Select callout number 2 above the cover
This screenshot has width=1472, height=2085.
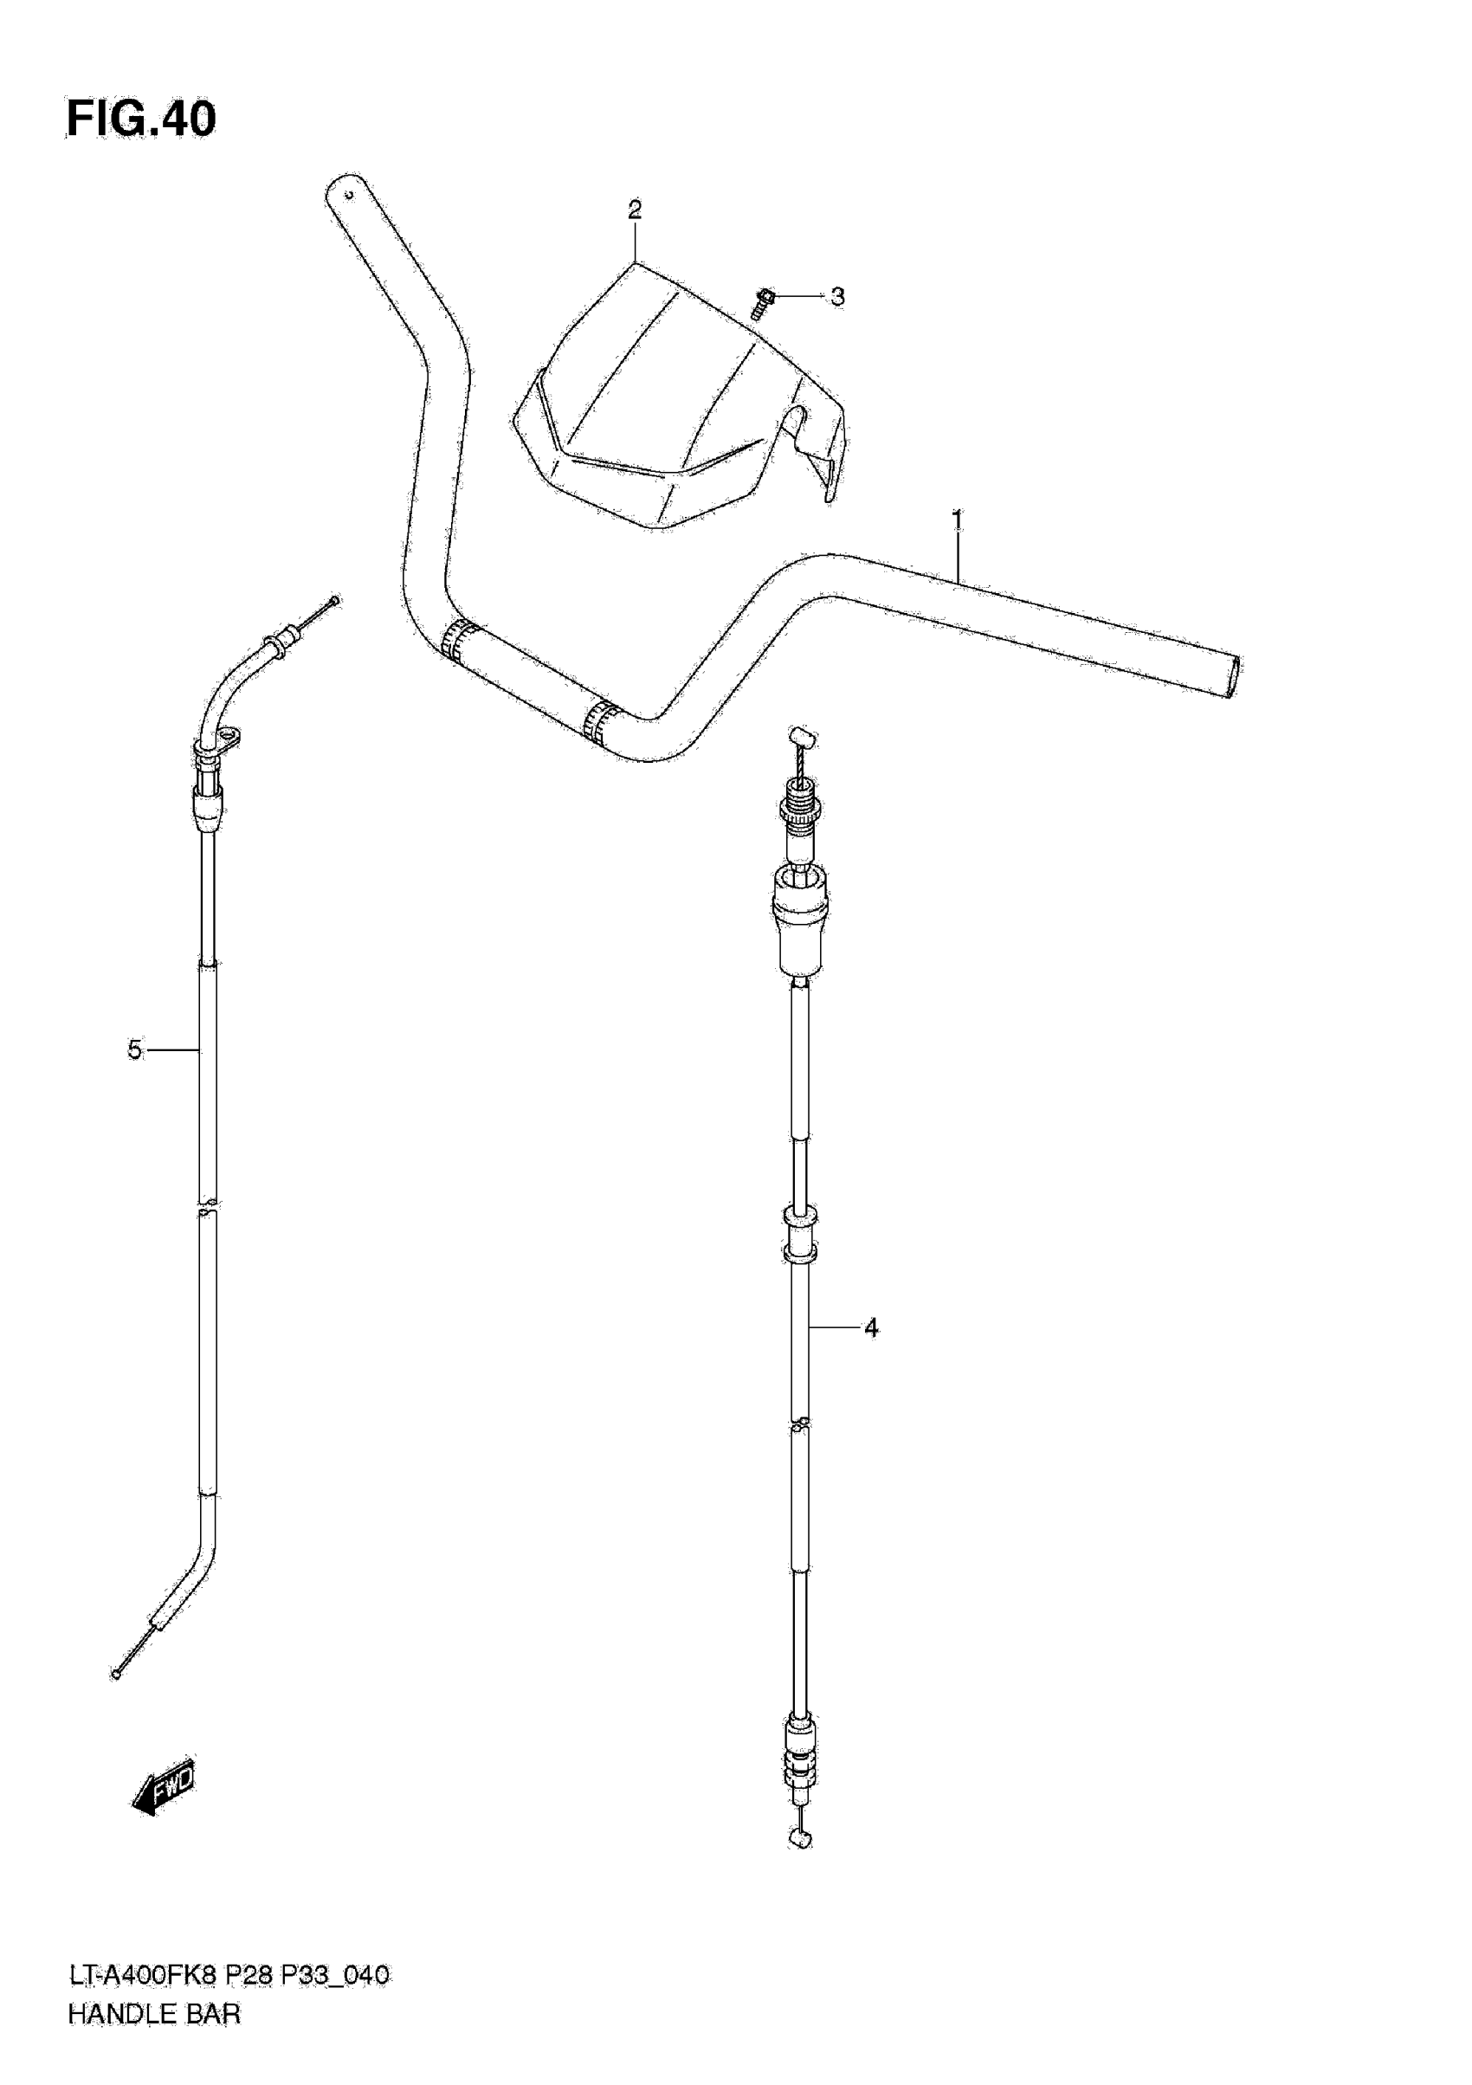point(635,210)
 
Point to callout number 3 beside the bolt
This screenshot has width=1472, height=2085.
point(837,297)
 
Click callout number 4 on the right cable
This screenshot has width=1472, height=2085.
point(871,1328)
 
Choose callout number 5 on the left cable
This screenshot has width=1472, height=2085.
point(134,1050)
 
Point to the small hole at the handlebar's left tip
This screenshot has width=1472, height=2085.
point(346,192)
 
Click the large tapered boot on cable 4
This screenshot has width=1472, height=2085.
point(799,919)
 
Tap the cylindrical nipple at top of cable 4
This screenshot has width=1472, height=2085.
point(800,733)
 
